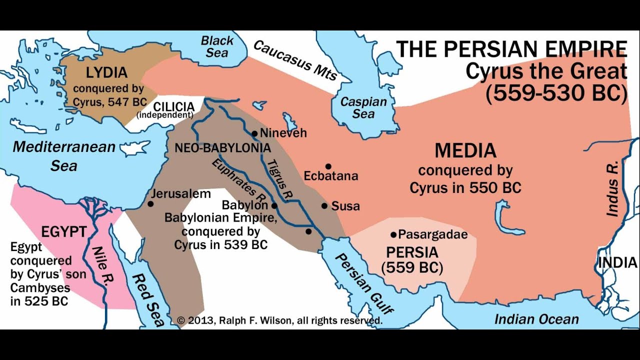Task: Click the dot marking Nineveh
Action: [254, 133]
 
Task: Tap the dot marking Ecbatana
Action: [328, 166]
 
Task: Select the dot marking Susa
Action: [324, 205]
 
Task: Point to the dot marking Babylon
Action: [274, 205]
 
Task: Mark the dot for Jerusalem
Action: [150, 203]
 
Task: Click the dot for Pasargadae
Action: [394, 234]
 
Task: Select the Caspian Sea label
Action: [363, 107]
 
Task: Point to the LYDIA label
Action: [106, 72]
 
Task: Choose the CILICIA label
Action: [173, 106]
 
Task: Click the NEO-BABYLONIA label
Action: [222, 148]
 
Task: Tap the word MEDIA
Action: [465, 150]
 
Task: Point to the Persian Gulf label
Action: [363, 283]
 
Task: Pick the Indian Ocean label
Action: [536, 319]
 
